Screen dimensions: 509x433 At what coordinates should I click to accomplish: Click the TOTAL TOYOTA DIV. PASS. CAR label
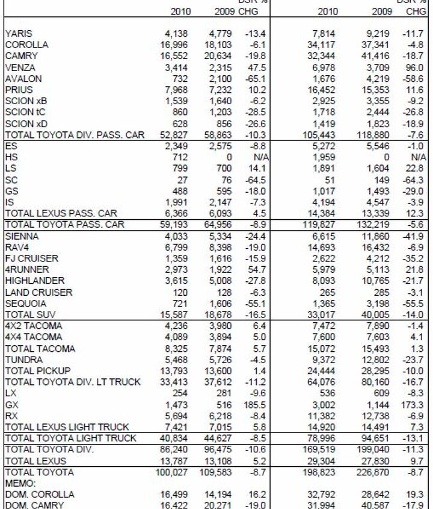tap(75, 135)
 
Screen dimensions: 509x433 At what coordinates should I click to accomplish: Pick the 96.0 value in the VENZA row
tap(412, 67)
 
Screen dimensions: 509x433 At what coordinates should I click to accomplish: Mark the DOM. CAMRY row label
tap(31, 505)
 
